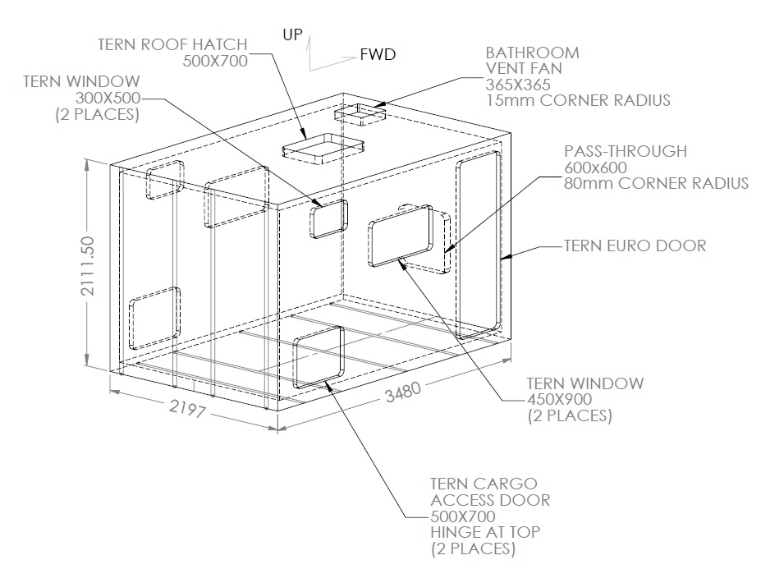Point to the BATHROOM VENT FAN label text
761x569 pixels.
532,60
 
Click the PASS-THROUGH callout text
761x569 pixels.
625,152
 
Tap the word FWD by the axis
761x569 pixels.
378,55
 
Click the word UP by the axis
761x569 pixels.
292,34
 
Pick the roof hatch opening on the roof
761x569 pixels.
322,147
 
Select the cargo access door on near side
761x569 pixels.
318,359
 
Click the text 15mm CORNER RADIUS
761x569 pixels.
577,101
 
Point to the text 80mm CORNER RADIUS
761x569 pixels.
656,183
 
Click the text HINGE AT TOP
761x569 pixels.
484,532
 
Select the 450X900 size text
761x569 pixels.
558,399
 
